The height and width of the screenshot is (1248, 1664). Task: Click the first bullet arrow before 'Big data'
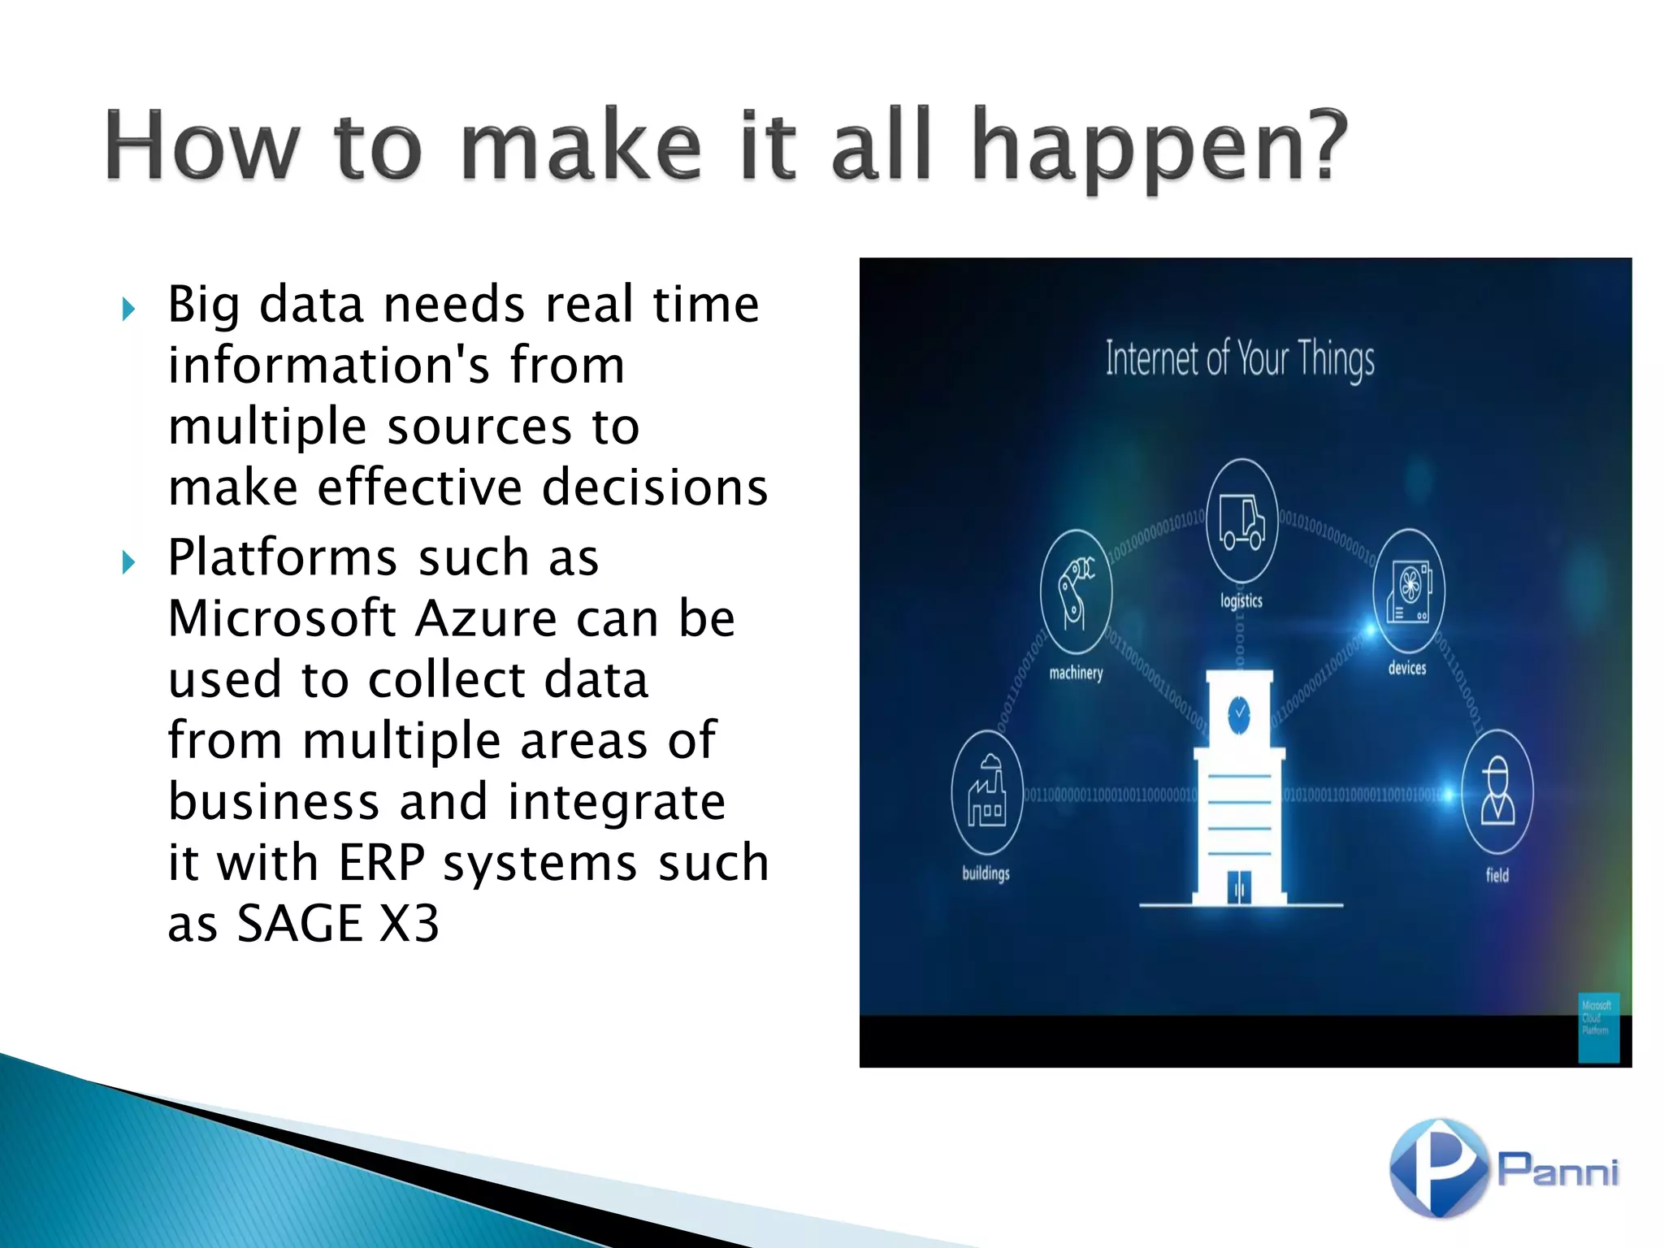tap(128, 309)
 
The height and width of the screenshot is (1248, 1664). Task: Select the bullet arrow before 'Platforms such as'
tap(128, 562)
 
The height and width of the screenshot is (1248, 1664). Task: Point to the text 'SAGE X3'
tap(337, 925)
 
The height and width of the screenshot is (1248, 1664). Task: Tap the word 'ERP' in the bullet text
tap(381, 863)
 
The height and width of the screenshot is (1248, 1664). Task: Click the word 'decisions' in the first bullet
tap(655, 487)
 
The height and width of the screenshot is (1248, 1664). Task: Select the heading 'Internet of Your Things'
tap(1239, 358)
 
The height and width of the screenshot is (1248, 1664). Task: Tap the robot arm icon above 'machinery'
tap(1076, 592)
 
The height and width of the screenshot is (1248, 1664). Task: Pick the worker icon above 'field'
tap(1497, 792)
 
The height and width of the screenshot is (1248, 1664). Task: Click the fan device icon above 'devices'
tap(1408, 591)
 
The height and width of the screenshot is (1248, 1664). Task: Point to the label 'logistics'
tap(1241, 601)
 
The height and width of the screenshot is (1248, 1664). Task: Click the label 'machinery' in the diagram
tap(1076, 673)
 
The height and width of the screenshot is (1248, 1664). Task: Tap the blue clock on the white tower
tap(1239, 714)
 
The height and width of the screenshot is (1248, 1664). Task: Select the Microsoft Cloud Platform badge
tap(1598, 1027)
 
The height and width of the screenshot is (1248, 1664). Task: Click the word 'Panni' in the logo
tap(1558, 1171)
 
